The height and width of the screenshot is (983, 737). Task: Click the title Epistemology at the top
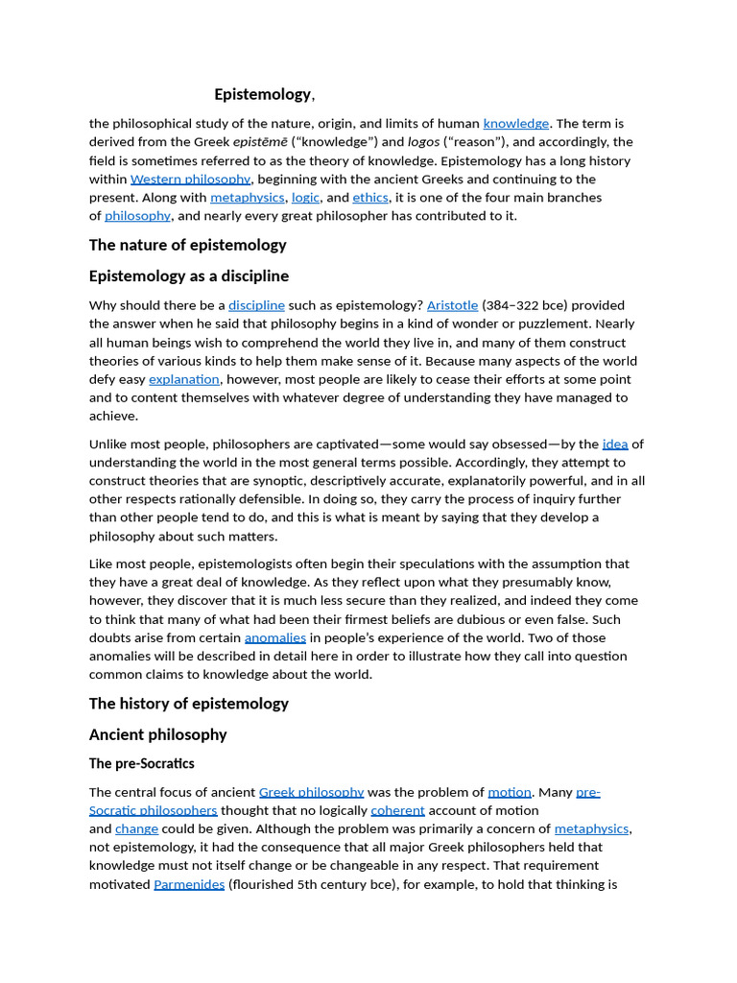point(262,94)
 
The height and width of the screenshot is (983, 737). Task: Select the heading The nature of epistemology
point(187,245)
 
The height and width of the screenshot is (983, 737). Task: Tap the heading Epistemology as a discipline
point(188,276)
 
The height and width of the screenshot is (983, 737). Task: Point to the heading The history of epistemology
point(188,704)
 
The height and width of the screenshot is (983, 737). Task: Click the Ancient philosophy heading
point(157,735)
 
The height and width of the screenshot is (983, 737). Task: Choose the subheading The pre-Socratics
point(141,764)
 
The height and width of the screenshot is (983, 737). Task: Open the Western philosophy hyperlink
point(190,180)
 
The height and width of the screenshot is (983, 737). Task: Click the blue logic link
point(305,198)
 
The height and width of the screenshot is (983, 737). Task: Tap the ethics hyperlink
point(369,198)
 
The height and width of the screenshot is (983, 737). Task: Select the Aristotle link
point(452,305)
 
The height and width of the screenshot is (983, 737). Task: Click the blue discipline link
point(256,305)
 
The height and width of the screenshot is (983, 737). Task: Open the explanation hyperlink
point(184,379)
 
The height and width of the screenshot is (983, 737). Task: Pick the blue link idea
point(614,444)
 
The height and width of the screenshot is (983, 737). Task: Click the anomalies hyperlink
point(274,637)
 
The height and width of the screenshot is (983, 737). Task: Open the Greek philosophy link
point(311,792)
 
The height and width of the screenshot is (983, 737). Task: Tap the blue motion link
point(509,792)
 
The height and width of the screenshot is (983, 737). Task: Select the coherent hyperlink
point(397,810)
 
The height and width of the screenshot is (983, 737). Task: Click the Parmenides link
point(189,884)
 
